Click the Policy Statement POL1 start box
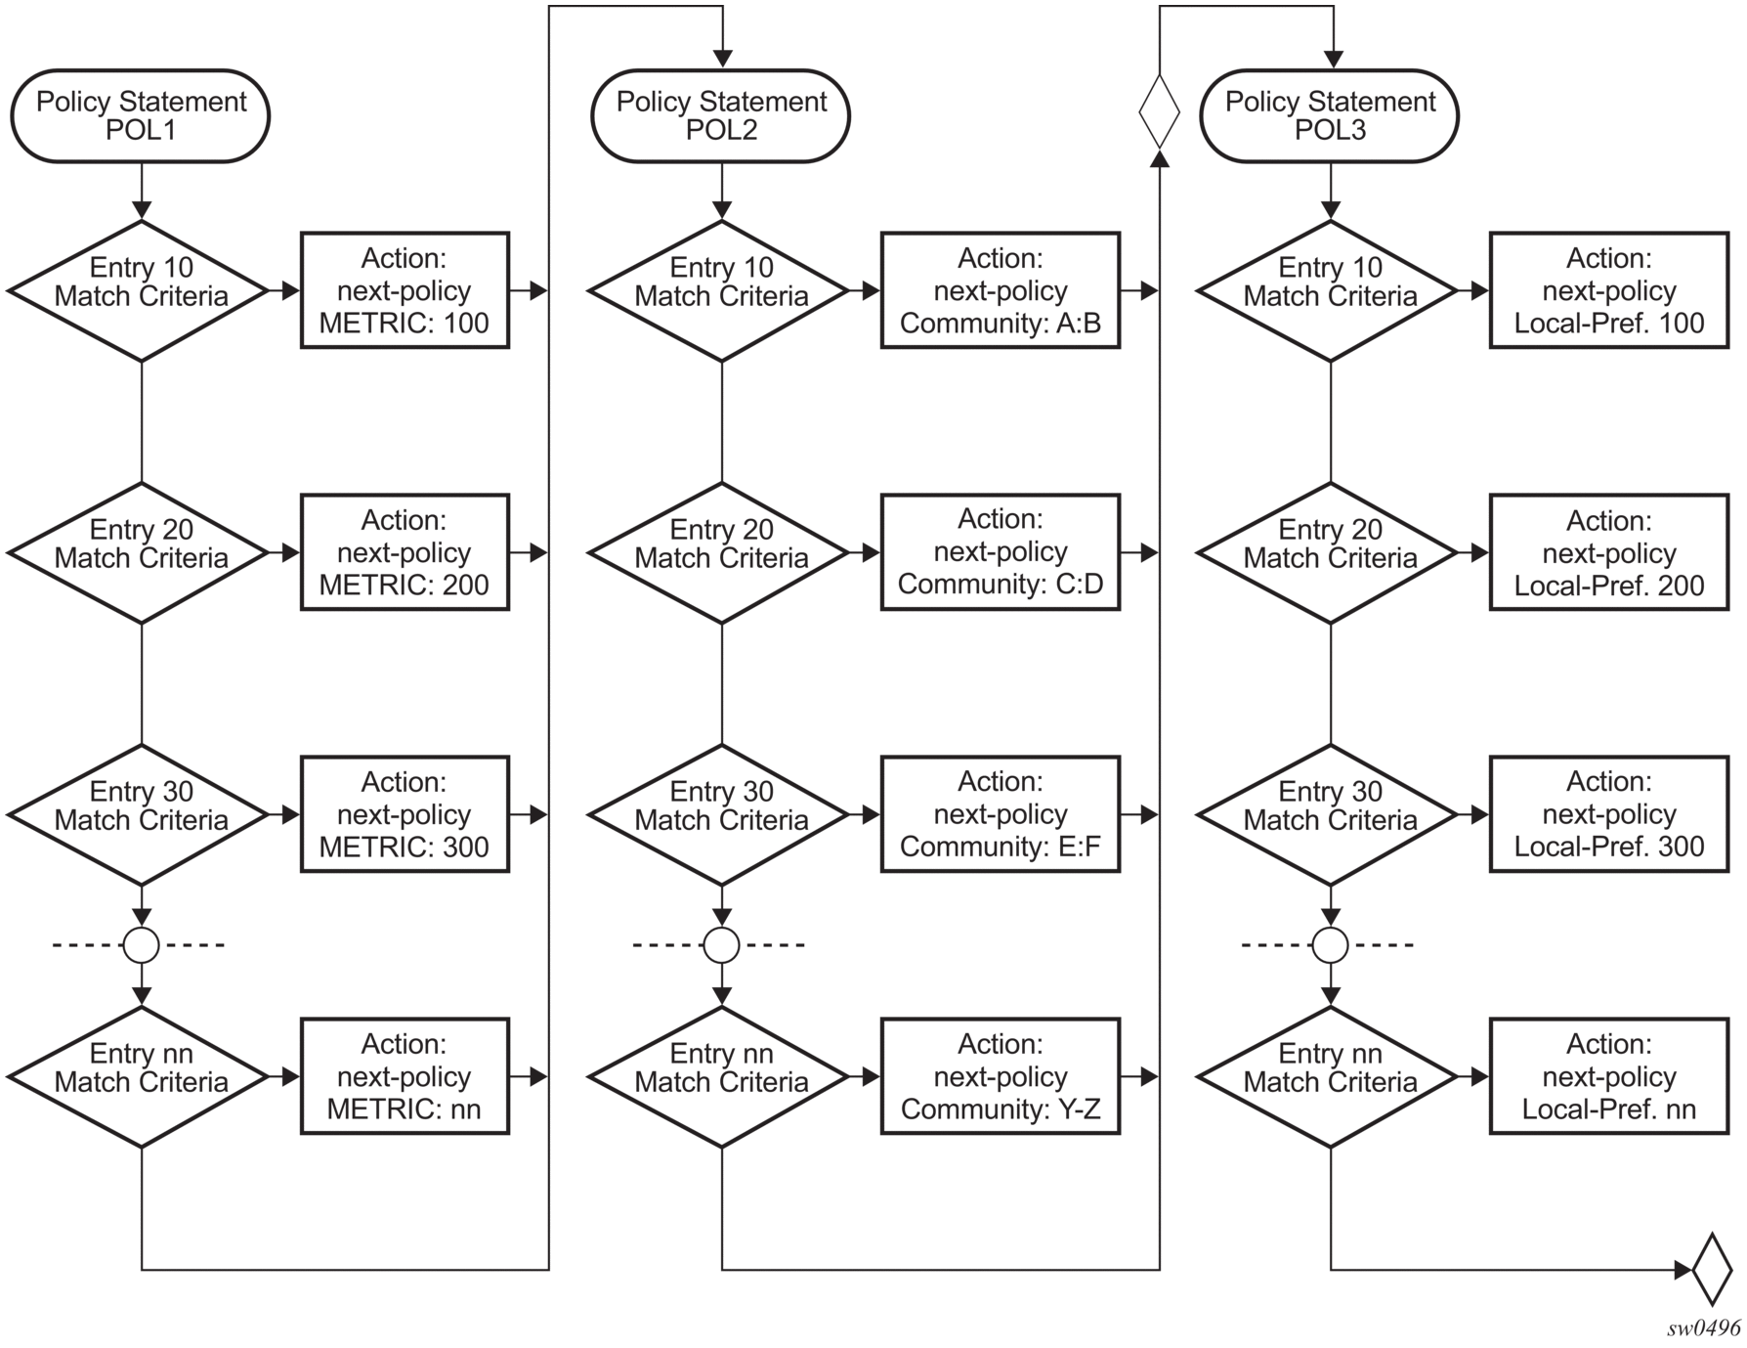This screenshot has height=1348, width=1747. click(141, 115)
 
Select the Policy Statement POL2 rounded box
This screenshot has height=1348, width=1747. click(721, 115)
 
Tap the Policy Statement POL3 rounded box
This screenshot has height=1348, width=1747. click(1330, 115)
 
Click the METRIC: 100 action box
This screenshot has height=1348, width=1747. click(405, 290)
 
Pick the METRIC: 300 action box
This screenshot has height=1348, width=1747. click(405, 814)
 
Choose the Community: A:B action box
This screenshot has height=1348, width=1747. click(1001, 290)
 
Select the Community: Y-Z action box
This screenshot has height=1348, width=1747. click(1001, 1076)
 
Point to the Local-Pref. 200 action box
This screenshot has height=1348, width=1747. click(1609, 552)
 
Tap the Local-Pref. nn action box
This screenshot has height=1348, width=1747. click(1609, 1076)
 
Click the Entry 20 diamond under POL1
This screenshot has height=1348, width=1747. click(141, 553)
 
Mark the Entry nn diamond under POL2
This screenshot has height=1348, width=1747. click(721, 1077)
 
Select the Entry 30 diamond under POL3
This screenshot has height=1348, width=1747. click(1330, 815)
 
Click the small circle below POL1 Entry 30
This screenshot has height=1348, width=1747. click(142, 945)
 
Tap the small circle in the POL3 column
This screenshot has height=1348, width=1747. click(1330, 945)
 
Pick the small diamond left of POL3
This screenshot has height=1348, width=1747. click(1160, 112)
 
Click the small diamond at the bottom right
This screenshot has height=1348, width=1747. click(1712, 1270)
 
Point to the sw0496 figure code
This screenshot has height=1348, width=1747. click(1704, 1327)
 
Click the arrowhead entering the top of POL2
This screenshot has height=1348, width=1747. click(721, 60)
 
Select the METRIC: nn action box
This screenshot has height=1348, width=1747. click(405, 1076)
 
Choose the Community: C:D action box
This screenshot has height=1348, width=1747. click(1001, 552)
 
